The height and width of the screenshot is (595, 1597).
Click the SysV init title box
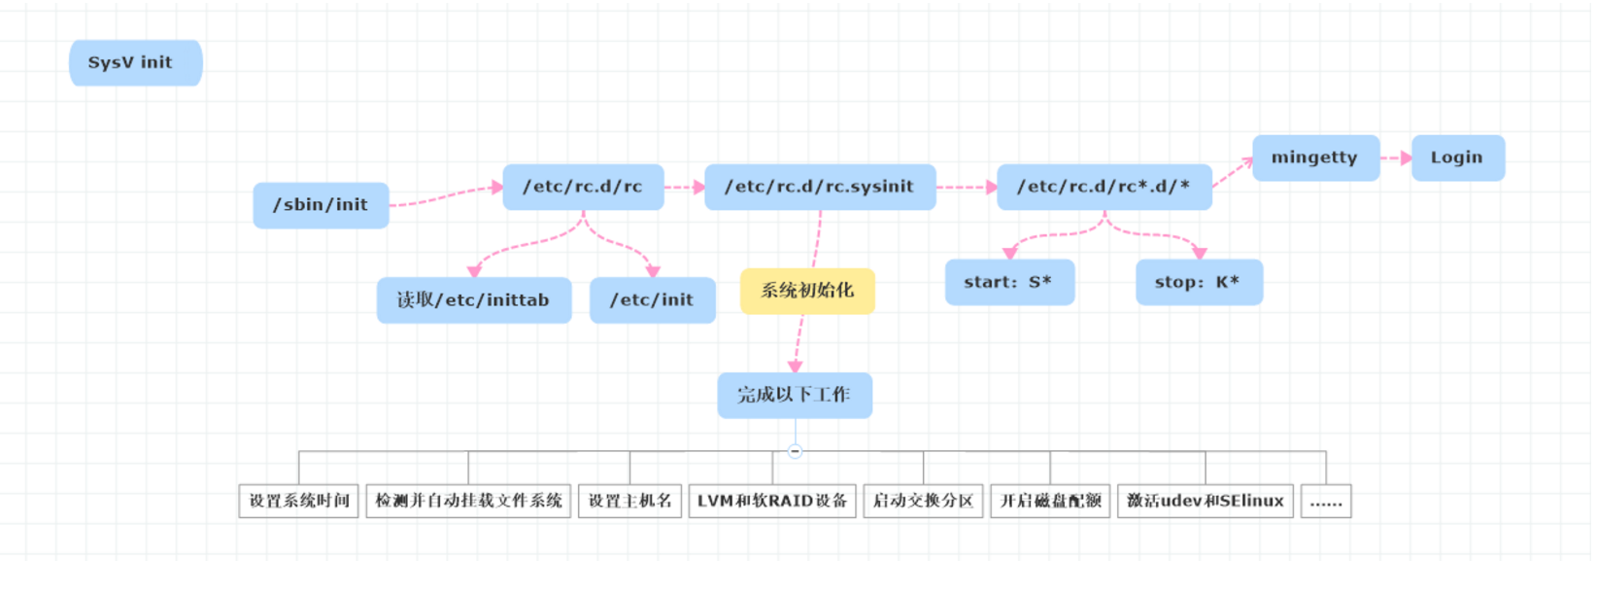tap(135, 63)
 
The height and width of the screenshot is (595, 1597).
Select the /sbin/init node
tap(321, 205)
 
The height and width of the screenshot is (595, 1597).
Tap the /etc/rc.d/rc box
tap(583, 187)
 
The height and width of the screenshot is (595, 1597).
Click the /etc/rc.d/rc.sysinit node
tap(820, 187)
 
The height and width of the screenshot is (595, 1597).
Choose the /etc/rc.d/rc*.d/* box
tap(1104, 187)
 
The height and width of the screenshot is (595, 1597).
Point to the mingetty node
tap(1315, 157)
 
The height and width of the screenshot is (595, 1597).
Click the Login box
tap(1457, 157)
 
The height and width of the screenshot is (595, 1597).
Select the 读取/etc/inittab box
tap(473, 300)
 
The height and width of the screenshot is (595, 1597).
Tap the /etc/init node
tap(652, 300)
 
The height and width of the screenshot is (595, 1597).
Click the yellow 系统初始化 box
tap(807, 291)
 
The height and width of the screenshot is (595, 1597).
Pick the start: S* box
tap(1009, 282)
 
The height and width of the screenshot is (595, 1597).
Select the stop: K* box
tap(1199, 282)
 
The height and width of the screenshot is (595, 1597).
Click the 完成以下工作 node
tap(795, 395)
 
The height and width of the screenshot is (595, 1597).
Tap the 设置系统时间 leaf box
tap(299, 501)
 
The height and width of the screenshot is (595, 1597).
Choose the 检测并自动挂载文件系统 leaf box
tap(468, 501)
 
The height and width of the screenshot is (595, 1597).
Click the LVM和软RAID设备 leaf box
tap(772, 501)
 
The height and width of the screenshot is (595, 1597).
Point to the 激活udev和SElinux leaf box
tap(1205, 501)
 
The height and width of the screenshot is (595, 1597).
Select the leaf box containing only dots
tap(1326, 501)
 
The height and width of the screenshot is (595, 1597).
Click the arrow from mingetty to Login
tap(1396, 157)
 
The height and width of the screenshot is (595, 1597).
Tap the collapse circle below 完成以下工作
tap(795, 451)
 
